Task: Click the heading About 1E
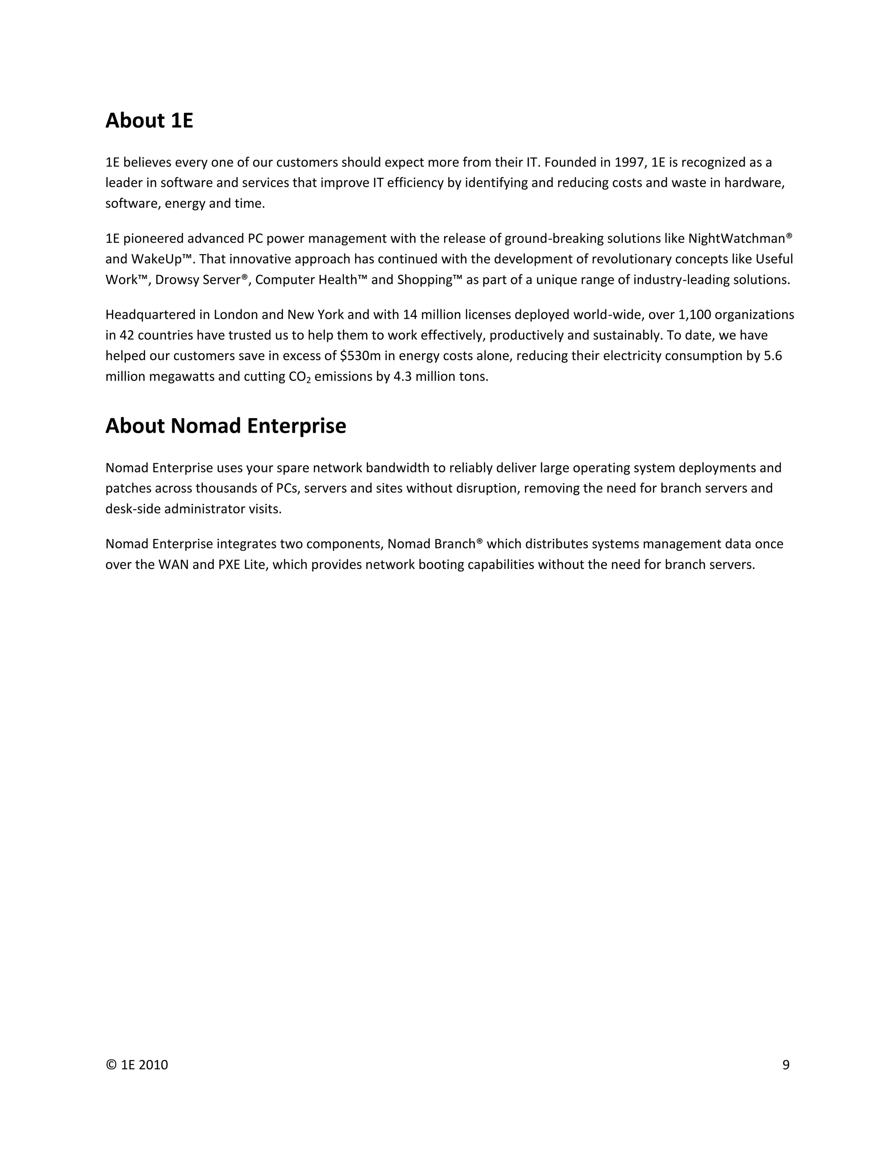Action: pyautogui.click(x=149, y=121)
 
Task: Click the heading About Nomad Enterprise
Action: pyautogui.click(x=225, y=426)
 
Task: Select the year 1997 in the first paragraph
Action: pyautogui.click(x=628, y=162)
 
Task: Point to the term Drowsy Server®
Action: pyautogui.click(x=201, y=280)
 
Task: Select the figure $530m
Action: pyautogui.click(x=360, y=356)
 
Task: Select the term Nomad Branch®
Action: pyautogui.click(x=435, y=544)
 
